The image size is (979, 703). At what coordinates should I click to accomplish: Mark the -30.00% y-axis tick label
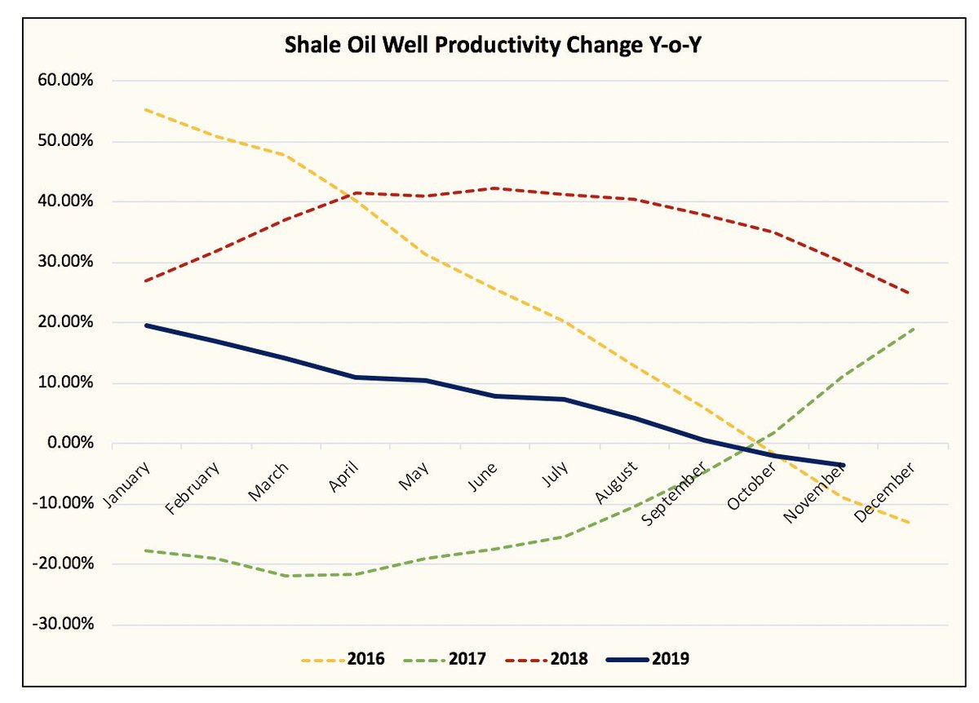[x=64, y=625]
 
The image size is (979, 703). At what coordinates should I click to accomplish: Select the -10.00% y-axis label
[x=64, y=504]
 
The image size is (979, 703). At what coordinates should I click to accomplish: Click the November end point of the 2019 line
[x=842, y=465]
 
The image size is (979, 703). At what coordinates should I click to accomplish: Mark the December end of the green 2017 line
[x=912, y=329]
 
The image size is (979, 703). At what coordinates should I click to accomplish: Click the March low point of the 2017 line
[x=286, y=576]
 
